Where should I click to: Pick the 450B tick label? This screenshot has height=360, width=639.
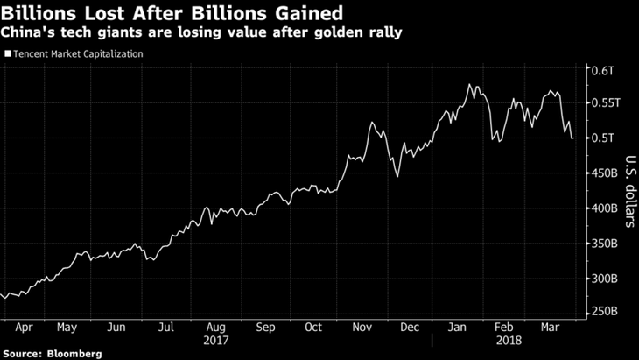point(606,173)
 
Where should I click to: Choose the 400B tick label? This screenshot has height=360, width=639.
point(606,208)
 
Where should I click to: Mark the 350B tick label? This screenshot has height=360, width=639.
point(606,244)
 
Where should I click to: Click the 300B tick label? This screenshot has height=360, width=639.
point(606,279)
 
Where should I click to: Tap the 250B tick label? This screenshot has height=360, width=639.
point(606,312)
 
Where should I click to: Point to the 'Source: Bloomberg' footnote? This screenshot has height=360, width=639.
point(52,353)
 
